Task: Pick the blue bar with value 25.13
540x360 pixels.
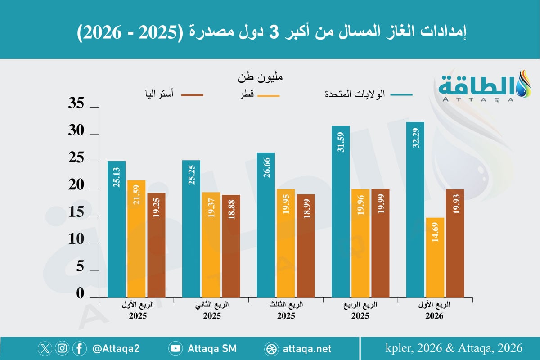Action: [117, 229]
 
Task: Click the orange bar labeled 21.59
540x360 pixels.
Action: [136, 238]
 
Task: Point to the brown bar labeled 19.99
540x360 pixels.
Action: [380, 243]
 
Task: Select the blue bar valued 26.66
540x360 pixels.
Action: [265, 225]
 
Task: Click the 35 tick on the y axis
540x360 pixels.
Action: [76, 105]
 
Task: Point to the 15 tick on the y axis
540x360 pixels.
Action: [76, 214]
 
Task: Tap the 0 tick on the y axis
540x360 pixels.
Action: [80, 294]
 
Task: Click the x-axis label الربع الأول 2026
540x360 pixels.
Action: [434, 310]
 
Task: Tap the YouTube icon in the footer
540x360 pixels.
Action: [175, 348]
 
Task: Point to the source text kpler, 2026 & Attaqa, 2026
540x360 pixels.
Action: [454, 348]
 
